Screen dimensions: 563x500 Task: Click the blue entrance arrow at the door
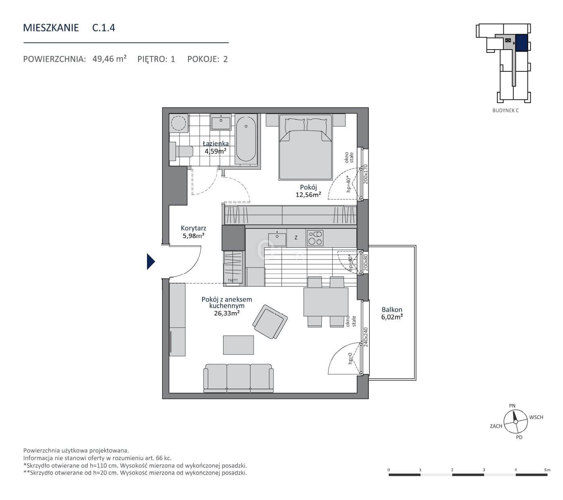click(x=150, y=261)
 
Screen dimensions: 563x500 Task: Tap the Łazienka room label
click(x=215, y=143)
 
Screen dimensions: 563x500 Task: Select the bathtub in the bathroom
click(x=246, y=139)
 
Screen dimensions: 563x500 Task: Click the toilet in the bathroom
click(x=182, y=151)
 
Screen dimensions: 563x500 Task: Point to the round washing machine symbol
click(x=178, y=123)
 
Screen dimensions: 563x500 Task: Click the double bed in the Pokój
click(x=305, y=147)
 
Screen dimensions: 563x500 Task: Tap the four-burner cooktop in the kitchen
click(x=315, y=238)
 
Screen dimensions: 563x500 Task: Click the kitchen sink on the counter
click(x=277, y=239)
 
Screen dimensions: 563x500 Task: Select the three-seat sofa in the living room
click(x=238, y=378)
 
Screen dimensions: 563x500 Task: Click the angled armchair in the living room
click(x=270, y=322)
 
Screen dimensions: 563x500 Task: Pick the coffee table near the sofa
click(x=238, y=345)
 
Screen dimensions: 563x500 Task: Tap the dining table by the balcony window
click(x=326, y=302)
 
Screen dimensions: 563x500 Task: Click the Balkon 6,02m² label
click(x=392, y=313)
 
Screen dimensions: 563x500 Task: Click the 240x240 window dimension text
click(x=366, y=337)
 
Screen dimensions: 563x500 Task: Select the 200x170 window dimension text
click(x=365, y=174)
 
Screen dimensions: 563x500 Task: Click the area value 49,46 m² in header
click(x=110, y=59)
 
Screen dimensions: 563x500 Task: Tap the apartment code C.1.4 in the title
click(x=103, y=28)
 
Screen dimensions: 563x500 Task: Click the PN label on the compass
click(x=512, y=406)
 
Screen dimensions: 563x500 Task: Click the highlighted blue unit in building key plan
click(x=522, y=43)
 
